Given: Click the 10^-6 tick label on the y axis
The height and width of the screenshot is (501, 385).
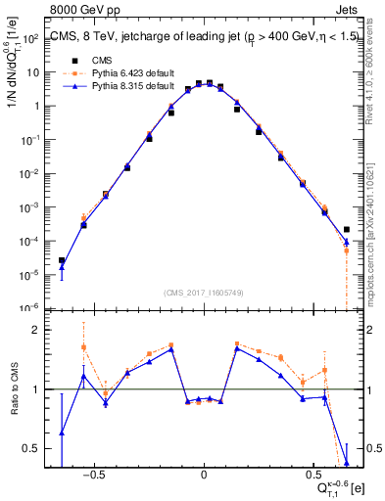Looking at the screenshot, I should click(x=28, y=307).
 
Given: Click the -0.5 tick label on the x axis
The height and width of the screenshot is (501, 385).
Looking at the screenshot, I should click(x=93, y=472).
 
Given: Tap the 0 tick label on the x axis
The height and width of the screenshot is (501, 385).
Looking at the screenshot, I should click(x=204, y=472).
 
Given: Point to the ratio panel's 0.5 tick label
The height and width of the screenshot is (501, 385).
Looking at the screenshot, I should click(x=30, y=449).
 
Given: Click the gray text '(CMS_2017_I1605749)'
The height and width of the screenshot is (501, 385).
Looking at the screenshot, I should click(x=203, y=293).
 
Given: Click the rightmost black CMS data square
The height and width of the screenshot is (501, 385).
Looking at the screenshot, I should click(x=347, y=230).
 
